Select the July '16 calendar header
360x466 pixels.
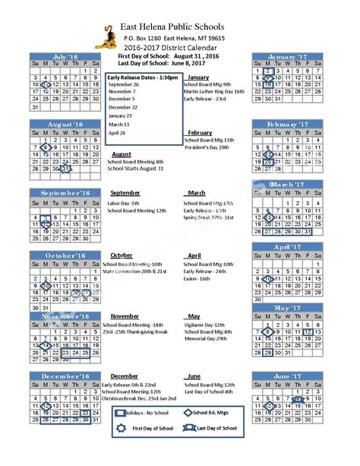point(66,57)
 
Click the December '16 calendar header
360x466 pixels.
point(66,376)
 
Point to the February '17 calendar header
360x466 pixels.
point(287,123)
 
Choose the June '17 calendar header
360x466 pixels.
point(287,376)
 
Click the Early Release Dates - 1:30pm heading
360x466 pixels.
point(144,78)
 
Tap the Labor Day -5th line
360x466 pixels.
point(125,203)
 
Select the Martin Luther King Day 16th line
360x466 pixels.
point(213,90)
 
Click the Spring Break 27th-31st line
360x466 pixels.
point(211,217)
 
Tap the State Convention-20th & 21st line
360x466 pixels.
point(134,271)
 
